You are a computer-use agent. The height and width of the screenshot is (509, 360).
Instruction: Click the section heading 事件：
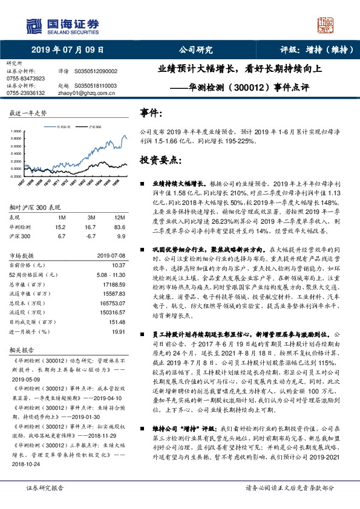[x=151, y=113]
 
